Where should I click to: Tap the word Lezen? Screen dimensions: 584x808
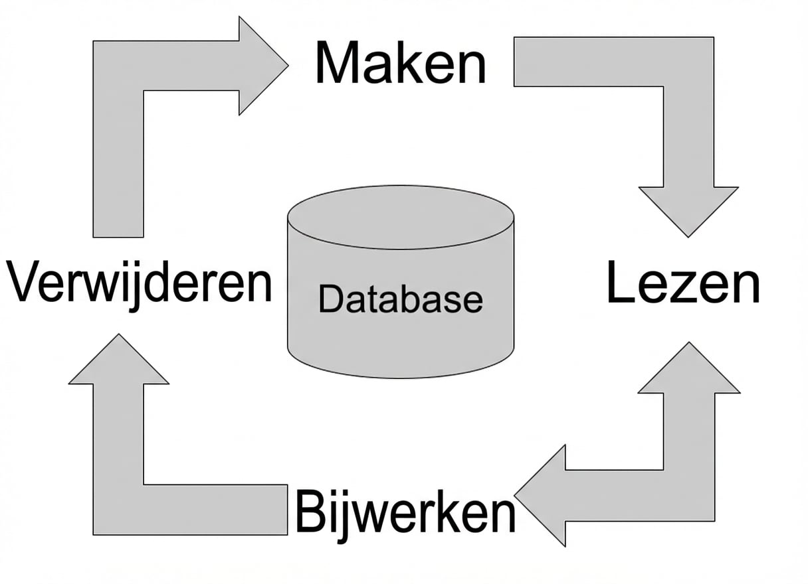[x=683, y=283]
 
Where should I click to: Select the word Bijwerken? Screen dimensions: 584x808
[x=405, y=512]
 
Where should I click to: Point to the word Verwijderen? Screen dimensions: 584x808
[x=140, y=283]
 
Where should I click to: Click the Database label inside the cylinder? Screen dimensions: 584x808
[x=400, y=299]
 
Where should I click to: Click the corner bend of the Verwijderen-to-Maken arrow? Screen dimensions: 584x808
[x=118, y=66]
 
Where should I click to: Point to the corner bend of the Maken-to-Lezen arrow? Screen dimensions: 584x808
[x=688, y=62]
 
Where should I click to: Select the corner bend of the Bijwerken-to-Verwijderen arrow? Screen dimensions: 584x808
[x=118, y=509]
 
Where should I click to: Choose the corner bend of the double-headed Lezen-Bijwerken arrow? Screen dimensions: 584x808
[x=689, y=495]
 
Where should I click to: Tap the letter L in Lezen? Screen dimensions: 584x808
[x=619, y=283]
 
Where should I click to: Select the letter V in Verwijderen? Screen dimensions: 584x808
[x=23, y=283]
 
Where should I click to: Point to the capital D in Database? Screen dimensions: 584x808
[x=330, y=299]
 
